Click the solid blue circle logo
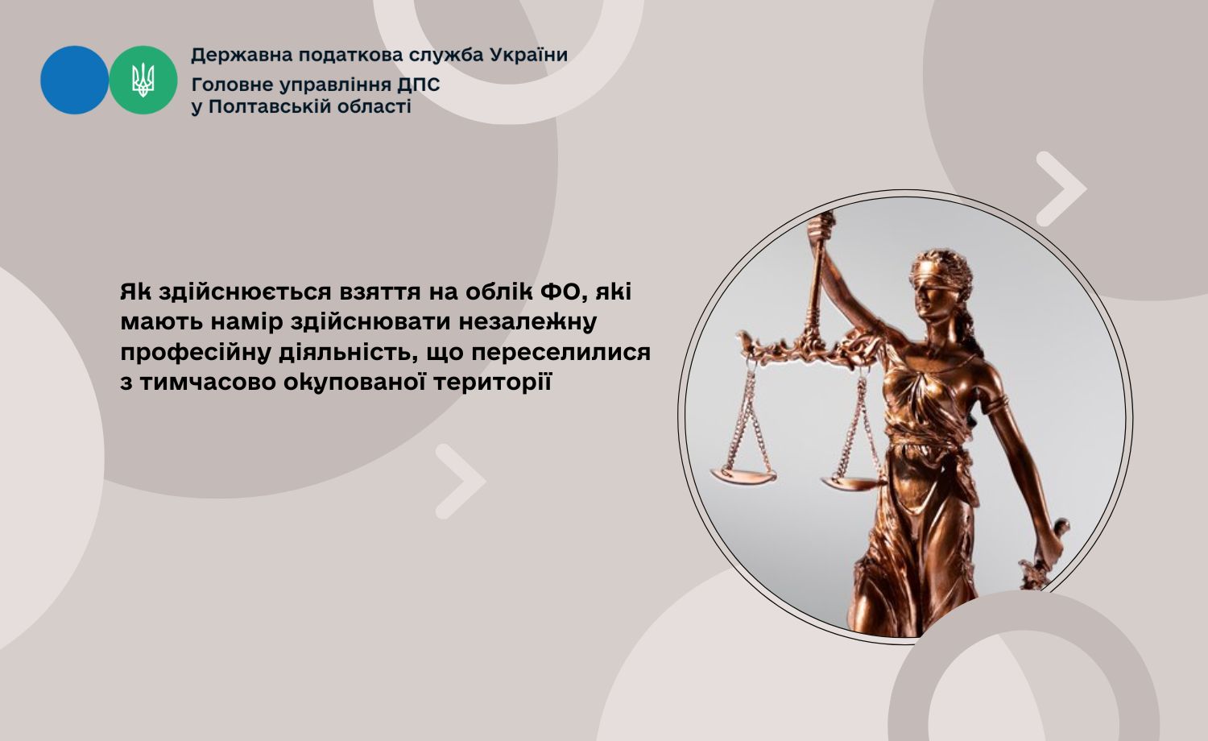(74, 80)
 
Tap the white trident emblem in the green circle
(143, 81)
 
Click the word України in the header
(528, 55)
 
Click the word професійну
(196, 353)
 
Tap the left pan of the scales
(743, 475)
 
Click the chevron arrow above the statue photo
(1061, 188)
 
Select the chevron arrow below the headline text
(461, 482)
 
